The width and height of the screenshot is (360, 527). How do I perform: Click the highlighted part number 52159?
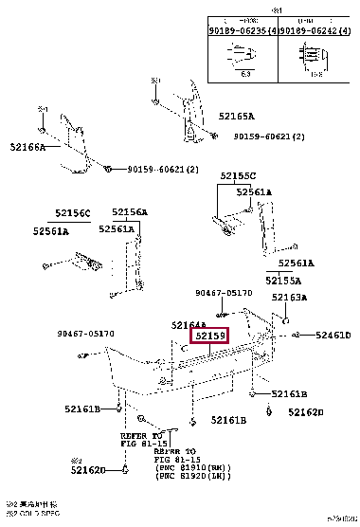210,336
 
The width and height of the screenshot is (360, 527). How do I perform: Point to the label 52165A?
236,116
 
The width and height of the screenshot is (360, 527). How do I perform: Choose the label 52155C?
238,176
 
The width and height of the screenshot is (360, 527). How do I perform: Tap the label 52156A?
128,212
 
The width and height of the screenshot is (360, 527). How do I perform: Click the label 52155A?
282,281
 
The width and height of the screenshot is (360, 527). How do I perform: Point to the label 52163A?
290,298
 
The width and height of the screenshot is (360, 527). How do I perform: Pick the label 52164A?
189,325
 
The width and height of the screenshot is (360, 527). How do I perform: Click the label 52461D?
333,336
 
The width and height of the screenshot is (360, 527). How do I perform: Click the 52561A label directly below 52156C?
50,230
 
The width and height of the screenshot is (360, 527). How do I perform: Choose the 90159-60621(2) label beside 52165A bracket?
270,136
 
